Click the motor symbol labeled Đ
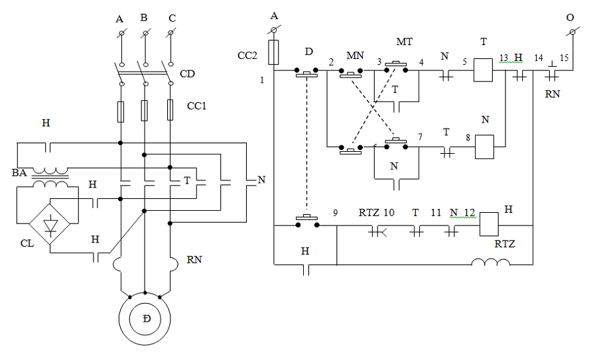pyautogui.click(x=146, y=320)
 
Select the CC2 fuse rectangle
pyautogui.click(x=273, y=52)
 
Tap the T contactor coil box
pyautogui.click(x=483, y=70)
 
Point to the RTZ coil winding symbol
pyautogui.click(x=491, y=263)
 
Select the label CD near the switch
pyautogui.click(x=188, y=74)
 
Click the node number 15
pyautogui.click(x=564, y=58)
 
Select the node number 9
pyautogui.click(x=335, y=213)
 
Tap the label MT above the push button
pyautogui.click(x=405, y=42)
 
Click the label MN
pyautogui.click(x=355, y=54)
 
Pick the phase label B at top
pyautogui.click(x=144, y=18)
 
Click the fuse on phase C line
pyautogui.click(x=170, y=110)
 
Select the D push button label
pyautogui.click(x=308, y=52)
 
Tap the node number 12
pyautogui.click(x=470, y=213)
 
